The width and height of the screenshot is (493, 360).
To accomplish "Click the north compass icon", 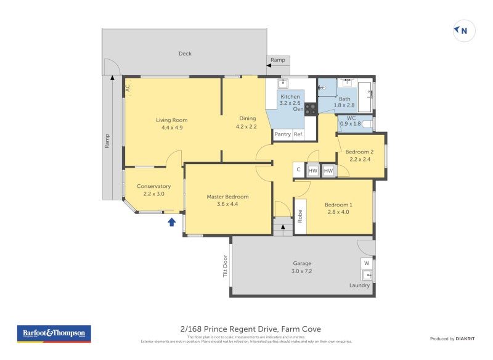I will click(x=463, y=30).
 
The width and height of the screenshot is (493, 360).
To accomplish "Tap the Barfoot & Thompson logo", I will click(x=54, y=333).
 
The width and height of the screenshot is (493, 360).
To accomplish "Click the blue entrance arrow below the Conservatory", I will click(x=172, y=221).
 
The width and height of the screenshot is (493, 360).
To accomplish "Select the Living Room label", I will click(x=171, y=120).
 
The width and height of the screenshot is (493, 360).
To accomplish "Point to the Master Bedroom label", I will click(x=226, y=197).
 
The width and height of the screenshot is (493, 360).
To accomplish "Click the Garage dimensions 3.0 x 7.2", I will click(x=301, y=271).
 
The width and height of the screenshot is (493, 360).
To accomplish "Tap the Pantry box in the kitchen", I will click(x=282, y=134).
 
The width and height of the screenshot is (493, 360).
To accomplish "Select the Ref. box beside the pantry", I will click(x=298, y=134).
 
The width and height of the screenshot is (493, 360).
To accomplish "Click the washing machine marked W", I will click(x=367, y=263).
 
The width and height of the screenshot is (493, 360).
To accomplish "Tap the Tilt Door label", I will click(x=226, y=266).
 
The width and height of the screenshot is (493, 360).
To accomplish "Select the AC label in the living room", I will click(x=128, y=88).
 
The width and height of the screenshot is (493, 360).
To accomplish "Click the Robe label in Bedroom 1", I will click(x=300, y=216).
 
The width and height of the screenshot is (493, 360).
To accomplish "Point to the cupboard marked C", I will click(x=298, y=170).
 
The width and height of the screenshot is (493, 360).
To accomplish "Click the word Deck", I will click(x=185, y=54).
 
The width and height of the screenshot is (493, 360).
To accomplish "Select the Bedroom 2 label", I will click(x=359, y=152).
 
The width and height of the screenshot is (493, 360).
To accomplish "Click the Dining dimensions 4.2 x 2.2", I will click(x=246, y=127).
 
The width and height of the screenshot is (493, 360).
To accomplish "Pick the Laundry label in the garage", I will click(x=360, y=285).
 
